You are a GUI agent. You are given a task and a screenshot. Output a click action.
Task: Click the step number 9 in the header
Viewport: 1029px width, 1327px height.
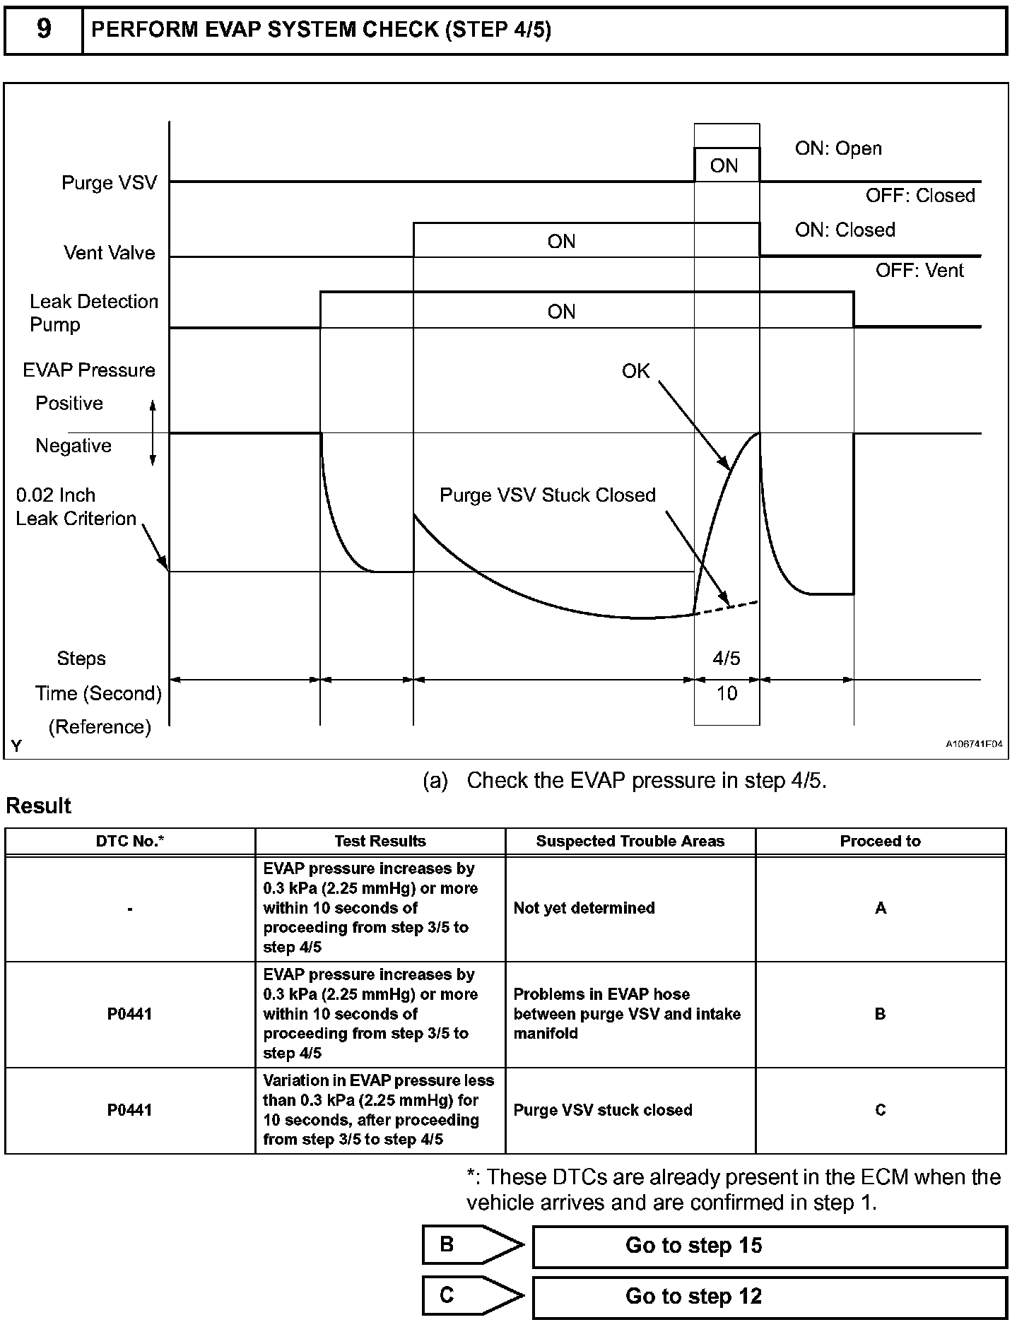(x=43, y=30)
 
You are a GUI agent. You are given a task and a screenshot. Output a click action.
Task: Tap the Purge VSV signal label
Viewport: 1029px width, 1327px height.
(x=109, y=183)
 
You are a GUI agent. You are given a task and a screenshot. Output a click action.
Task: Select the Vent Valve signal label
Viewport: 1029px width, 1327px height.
(x=109, y=253)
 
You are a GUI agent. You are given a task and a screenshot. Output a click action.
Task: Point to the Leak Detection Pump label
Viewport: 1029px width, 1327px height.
(x=93, y=313)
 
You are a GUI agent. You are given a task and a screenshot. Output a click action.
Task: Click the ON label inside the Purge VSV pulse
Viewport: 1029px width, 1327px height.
(x=724, y=166)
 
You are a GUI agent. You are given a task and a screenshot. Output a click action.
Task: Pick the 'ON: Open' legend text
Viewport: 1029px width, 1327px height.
(x=838, y=148)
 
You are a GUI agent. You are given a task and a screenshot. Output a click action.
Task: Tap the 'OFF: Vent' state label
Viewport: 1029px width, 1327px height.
(x=919, y=271)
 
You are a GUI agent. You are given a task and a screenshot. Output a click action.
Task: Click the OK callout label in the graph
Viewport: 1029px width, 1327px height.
(x=635, y=372)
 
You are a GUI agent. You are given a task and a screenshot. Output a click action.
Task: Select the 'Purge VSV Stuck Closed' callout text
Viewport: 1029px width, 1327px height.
(x=548, y=495)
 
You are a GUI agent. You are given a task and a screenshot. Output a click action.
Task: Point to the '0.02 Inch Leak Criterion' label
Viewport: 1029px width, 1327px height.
(x=76, y=507)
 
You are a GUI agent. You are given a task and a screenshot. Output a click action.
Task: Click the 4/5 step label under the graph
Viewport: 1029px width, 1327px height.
(x=727, y=659)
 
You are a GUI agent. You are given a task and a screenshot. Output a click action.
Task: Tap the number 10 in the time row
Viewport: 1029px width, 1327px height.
(x=727, y=693)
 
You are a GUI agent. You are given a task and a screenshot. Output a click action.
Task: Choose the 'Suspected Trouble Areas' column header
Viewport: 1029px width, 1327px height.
(x=630, y=841)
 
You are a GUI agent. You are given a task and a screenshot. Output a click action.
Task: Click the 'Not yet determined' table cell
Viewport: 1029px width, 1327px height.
(x=584, y=908)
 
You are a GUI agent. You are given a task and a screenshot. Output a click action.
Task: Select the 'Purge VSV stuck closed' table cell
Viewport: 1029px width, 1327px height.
(x=602, y=1110)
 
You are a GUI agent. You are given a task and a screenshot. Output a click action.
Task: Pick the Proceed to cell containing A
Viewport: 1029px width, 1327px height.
(x=880, y=908)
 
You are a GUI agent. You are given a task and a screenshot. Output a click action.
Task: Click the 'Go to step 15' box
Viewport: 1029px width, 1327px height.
(x=769, y=1245)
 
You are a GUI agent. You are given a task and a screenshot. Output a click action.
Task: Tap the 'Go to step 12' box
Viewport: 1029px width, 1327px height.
(x=769, y=1296)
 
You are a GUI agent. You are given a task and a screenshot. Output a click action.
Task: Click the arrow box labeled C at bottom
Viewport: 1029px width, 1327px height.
(x=466, y=1295)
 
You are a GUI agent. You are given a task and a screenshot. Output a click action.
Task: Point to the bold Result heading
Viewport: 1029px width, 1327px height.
(x=39, y=806)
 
